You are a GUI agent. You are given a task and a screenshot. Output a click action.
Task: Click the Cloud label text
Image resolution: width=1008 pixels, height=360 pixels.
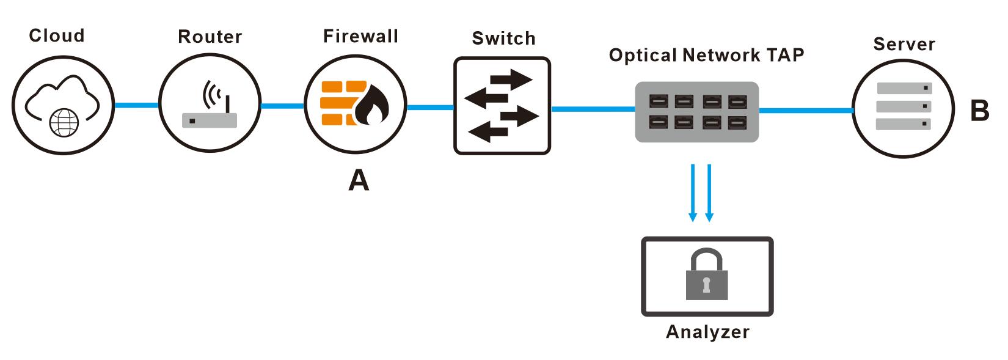pos(56,35)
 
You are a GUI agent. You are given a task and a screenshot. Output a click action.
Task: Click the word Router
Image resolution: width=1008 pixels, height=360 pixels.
pos(210,37)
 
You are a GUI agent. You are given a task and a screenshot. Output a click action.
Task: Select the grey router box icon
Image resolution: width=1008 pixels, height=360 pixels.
pos(210,120)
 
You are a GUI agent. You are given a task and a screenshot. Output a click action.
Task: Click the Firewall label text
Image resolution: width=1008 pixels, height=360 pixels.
pos(360,36)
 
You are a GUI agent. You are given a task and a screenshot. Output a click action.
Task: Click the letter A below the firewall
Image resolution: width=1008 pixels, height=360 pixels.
pos(359,180)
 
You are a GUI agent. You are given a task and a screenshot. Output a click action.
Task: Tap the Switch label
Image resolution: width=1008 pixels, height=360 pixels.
pos(503,39)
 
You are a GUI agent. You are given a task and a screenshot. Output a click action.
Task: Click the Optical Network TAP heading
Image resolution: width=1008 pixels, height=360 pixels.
pos(706,56)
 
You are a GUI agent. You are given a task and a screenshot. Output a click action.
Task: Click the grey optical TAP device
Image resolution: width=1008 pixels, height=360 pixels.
pos(697,112)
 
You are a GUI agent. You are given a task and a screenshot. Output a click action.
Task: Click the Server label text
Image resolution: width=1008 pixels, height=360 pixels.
pos(904,44)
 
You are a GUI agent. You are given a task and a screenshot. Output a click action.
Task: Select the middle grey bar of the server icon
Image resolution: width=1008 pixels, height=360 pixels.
pos(904,106)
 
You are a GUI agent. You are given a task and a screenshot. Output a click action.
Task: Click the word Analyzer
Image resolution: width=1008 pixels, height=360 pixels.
pos(707,332)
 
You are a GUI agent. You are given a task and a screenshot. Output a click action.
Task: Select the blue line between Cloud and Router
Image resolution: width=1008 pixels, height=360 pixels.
pos(136,105)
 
